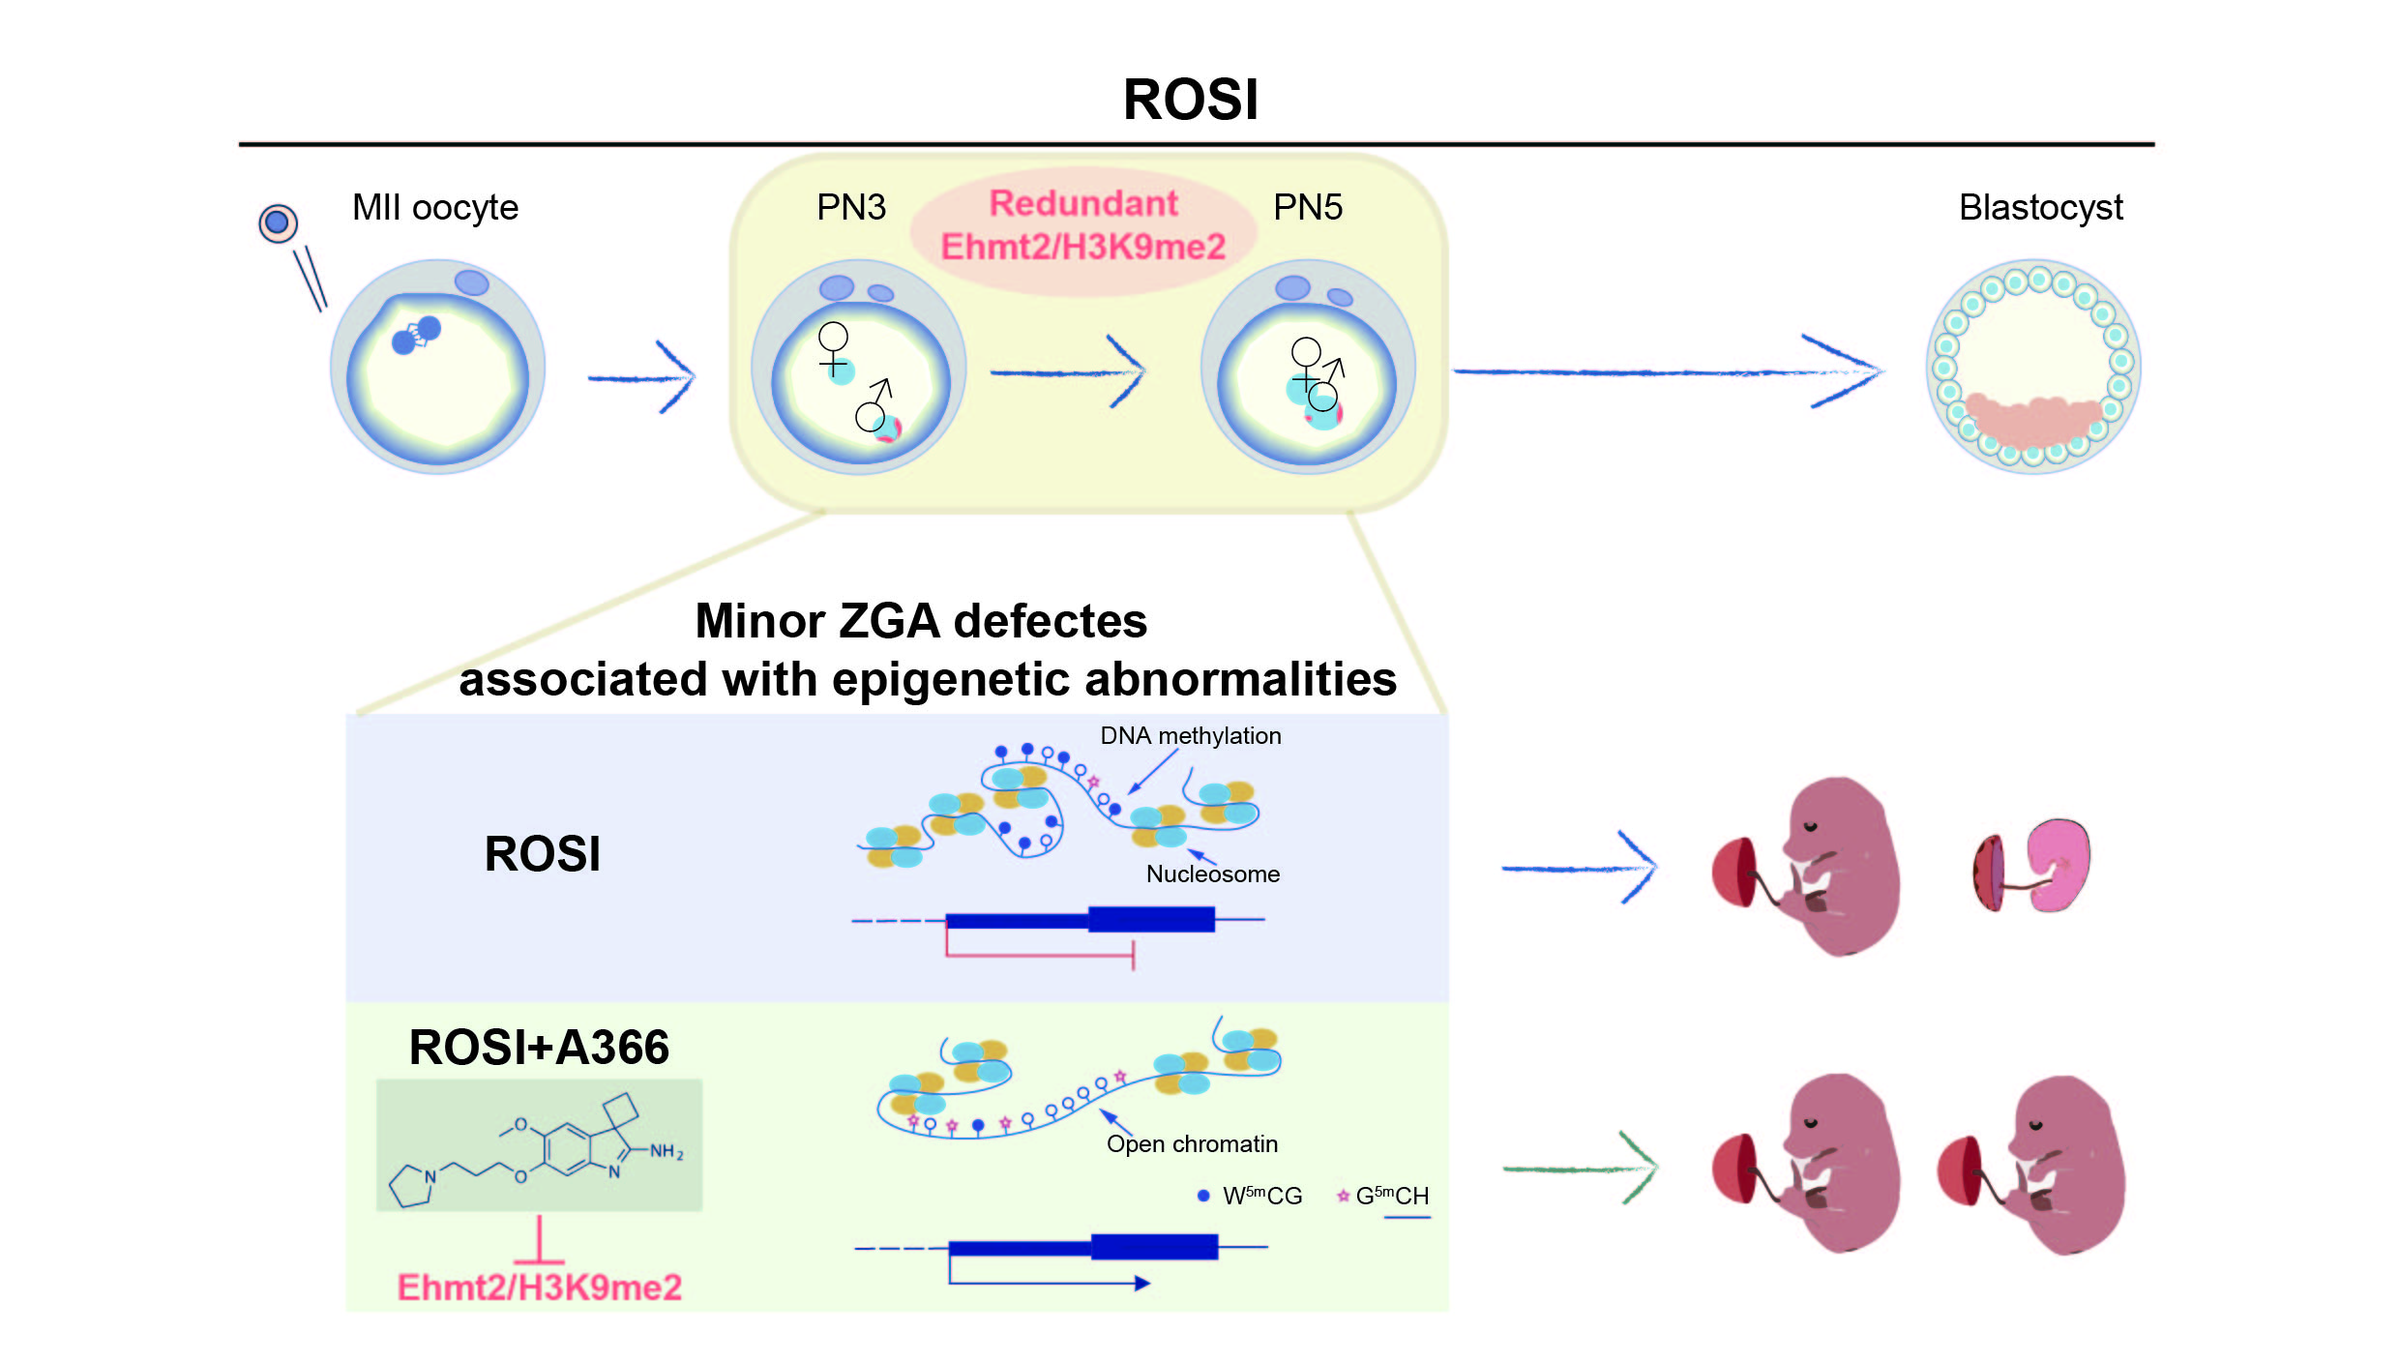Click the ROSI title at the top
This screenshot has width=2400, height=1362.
[1190, 100]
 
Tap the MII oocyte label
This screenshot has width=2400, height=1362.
[434, 208]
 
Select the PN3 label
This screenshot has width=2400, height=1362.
[850, 208]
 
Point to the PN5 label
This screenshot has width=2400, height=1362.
[1307, 208]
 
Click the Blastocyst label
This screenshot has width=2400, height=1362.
[2040, 208]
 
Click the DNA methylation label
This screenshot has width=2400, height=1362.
[1190, 736]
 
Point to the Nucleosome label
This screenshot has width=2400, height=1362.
[1212, 874]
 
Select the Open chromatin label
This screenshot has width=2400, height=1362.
[1192, 1144]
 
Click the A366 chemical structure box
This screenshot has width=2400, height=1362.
[539, 1145]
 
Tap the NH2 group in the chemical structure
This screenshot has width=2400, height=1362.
[666, 1151]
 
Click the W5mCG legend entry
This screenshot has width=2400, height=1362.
[1252, 1197]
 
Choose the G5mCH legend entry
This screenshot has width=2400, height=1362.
[1383, 1197]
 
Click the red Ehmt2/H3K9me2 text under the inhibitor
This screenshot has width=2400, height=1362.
[539, 1288]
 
